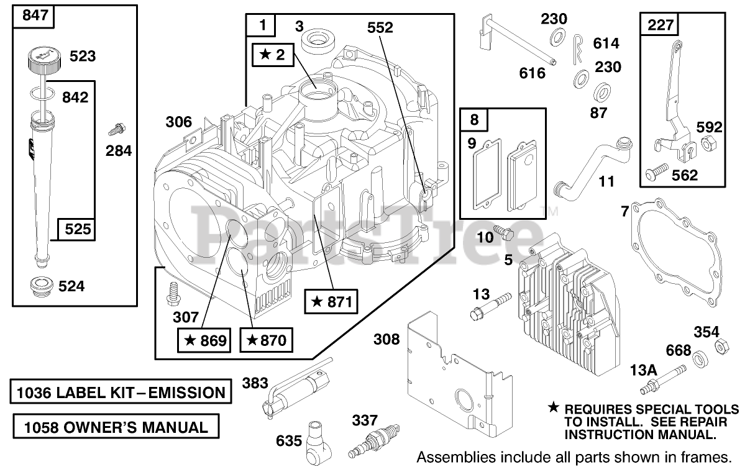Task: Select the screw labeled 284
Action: pyautogui.click(x=116, y=130)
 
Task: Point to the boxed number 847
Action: pyautogui.click(x=34, y=17)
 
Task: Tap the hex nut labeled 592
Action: pyautogui.click(x=707, y=145)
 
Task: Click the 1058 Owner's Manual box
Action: pyautogui.click(x=116, y=427)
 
